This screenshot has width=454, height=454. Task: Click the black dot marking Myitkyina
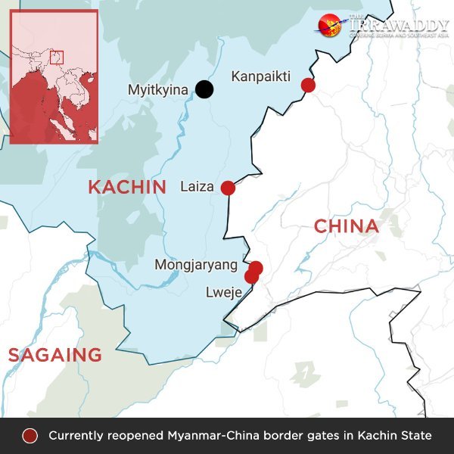click(204, 89)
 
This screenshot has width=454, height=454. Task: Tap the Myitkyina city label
click(157, 90)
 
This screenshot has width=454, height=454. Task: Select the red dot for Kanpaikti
click(308, 85)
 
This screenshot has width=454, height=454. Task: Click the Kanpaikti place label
click(261, 76)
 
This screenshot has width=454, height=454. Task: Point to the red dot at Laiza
click(228, 188)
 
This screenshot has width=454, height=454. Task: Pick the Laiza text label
click(197, 187)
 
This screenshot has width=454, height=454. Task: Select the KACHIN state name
click(126, 187)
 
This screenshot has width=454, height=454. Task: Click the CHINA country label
click(346, 226)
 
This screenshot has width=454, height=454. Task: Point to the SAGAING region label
click(54, 354)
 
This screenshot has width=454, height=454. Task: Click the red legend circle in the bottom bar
click(30, 436)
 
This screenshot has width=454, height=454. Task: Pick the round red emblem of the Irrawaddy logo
click(330, 26)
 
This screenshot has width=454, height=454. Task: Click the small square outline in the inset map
click(56, 57)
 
